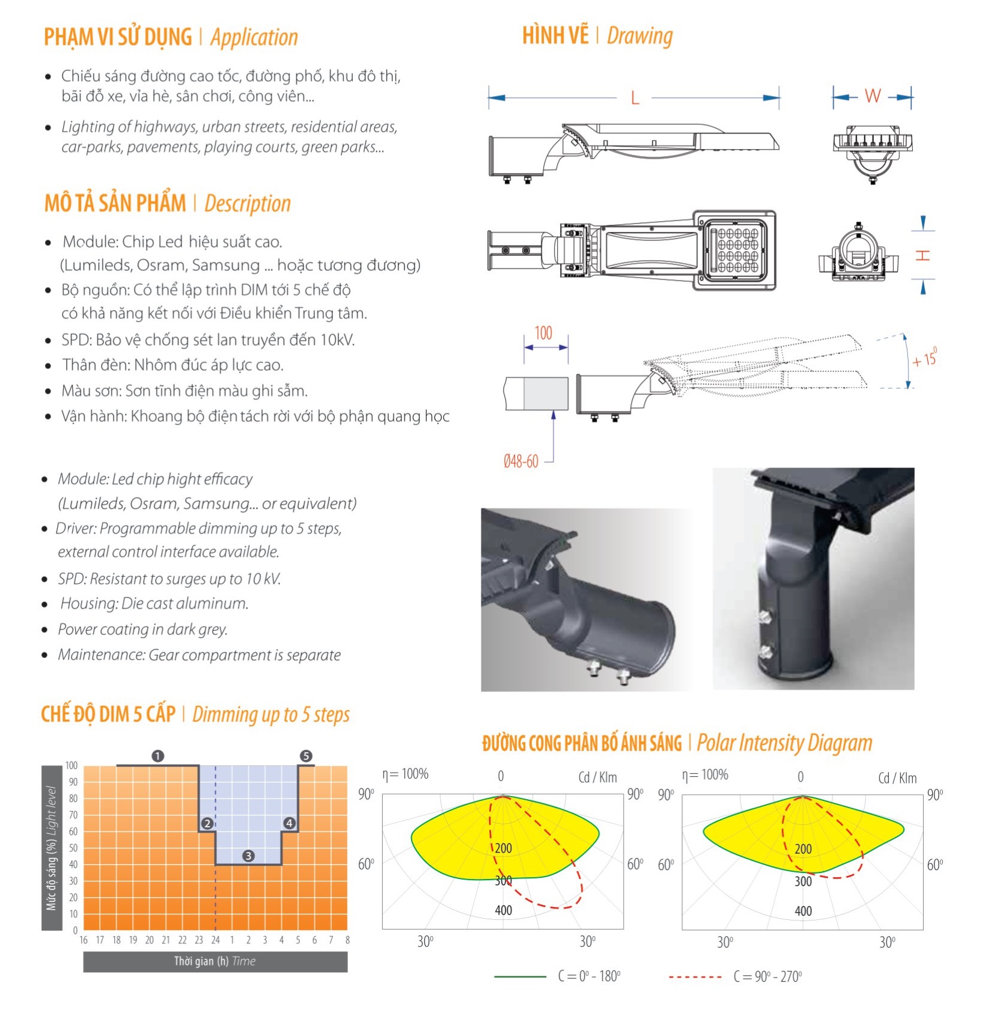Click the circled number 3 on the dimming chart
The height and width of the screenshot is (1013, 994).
tap(248, 856)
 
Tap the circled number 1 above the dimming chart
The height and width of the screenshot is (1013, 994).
tap(158, 755)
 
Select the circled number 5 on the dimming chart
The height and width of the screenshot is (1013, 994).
tap(306, 755)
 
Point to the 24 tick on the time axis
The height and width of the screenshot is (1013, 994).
tap(215, 940)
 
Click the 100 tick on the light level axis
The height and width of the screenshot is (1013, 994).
tap(72, 765)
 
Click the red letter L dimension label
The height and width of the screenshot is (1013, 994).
tap(635, 98)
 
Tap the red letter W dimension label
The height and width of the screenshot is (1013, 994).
tap(873, 96)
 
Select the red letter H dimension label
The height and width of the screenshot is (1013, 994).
tap(923, 255)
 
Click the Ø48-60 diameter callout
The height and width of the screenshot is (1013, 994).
tap(521, 461)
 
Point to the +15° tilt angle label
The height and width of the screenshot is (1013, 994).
tap(924, 359)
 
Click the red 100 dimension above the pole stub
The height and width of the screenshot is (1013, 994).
tap(543, 333)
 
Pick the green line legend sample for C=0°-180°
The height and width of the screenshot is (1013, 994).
tap(520, 976)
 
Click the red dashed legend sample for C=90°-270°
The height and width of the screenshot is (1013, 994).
tap(695, 976)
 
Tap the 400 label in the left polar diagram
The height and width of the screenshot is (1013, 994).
tap(504, 910)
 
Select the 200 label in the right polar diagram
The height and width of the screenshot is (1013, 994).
tap(803, 849)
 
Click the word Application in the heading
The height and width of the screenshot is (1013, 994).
tap(254, 37)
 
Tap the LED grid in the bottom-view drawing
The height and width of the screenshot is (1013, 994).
tap(737, 251)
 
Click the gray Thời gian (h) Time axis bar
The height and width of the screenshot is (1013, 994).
tap(215, 961)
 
